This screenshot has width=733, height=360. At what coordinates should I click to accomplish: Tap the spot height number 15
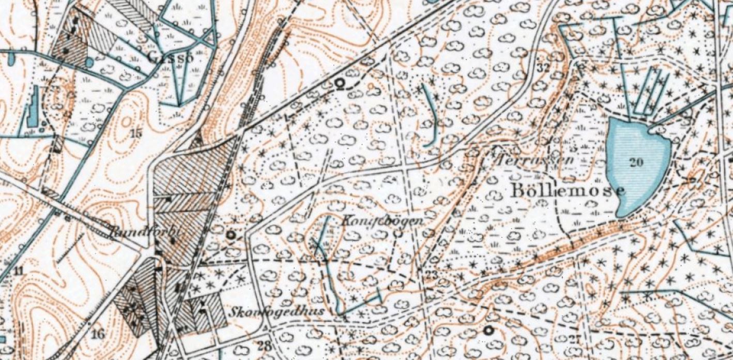click(x=135, y=133)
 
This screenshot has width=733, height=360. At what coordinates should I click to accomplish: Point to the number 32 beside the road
click(x=543, y=68)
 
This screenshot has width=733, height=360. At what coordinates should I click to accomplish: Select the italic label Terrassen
click(x=535, y=159)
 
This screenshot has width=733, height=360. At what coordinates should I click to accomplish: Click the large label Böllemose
click(x=568, y=190)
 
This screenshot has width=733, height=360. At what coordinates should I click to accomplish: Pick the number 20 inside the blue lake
click(x=636, y=162)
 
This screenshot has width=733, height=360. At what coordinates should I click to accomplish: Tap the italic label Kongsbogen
click(x=383, y=220)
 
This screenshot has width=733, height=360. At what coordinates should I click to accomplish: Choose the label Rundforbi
click(x=144, y=231)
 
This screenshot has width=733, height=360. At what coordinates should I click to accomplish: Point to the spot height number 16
click(x=97, y=334)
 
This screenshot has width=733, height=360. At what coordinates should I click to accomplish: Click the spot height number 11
click(x=19, y=271)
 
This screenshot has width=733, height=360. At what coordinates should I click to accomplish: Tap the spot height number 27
click(x=575, y=339)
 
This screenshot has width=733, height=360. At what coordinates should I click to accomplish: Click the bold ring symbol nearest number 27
click(x=488, y=329)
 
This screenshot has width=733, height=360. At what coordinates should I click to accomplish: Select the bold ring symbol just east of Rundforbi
click(x=231, y=235)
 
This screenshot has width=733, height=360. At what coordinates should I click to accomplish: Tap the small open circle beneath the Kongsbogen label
click(x=398, y=233)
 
